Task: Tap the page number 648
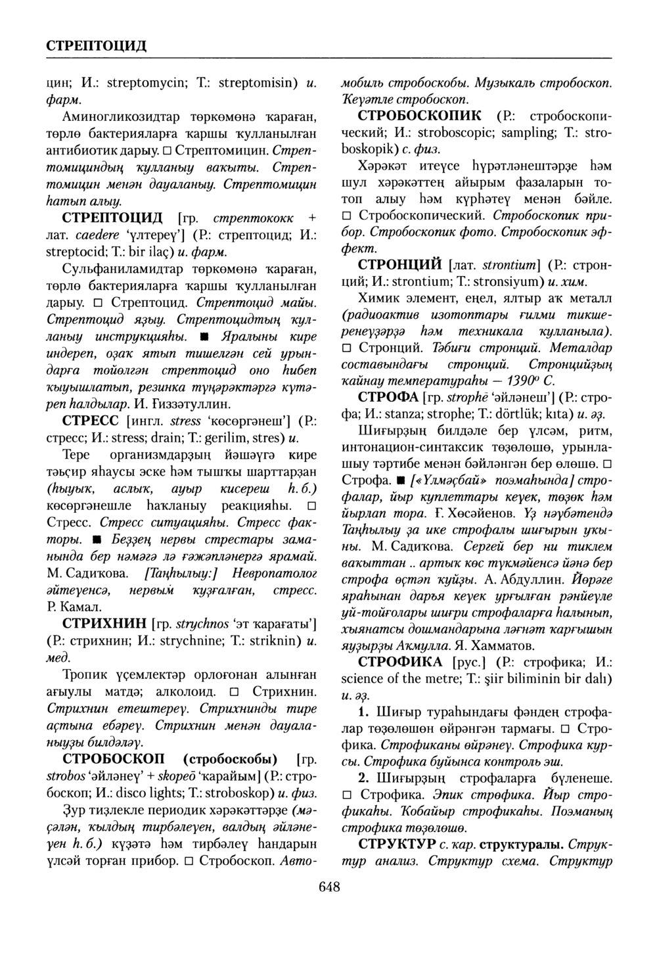tap(329, 888)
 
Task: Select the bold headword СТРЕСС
tap(90, 420)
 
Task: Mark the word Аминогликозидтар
tap(120, 118)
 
